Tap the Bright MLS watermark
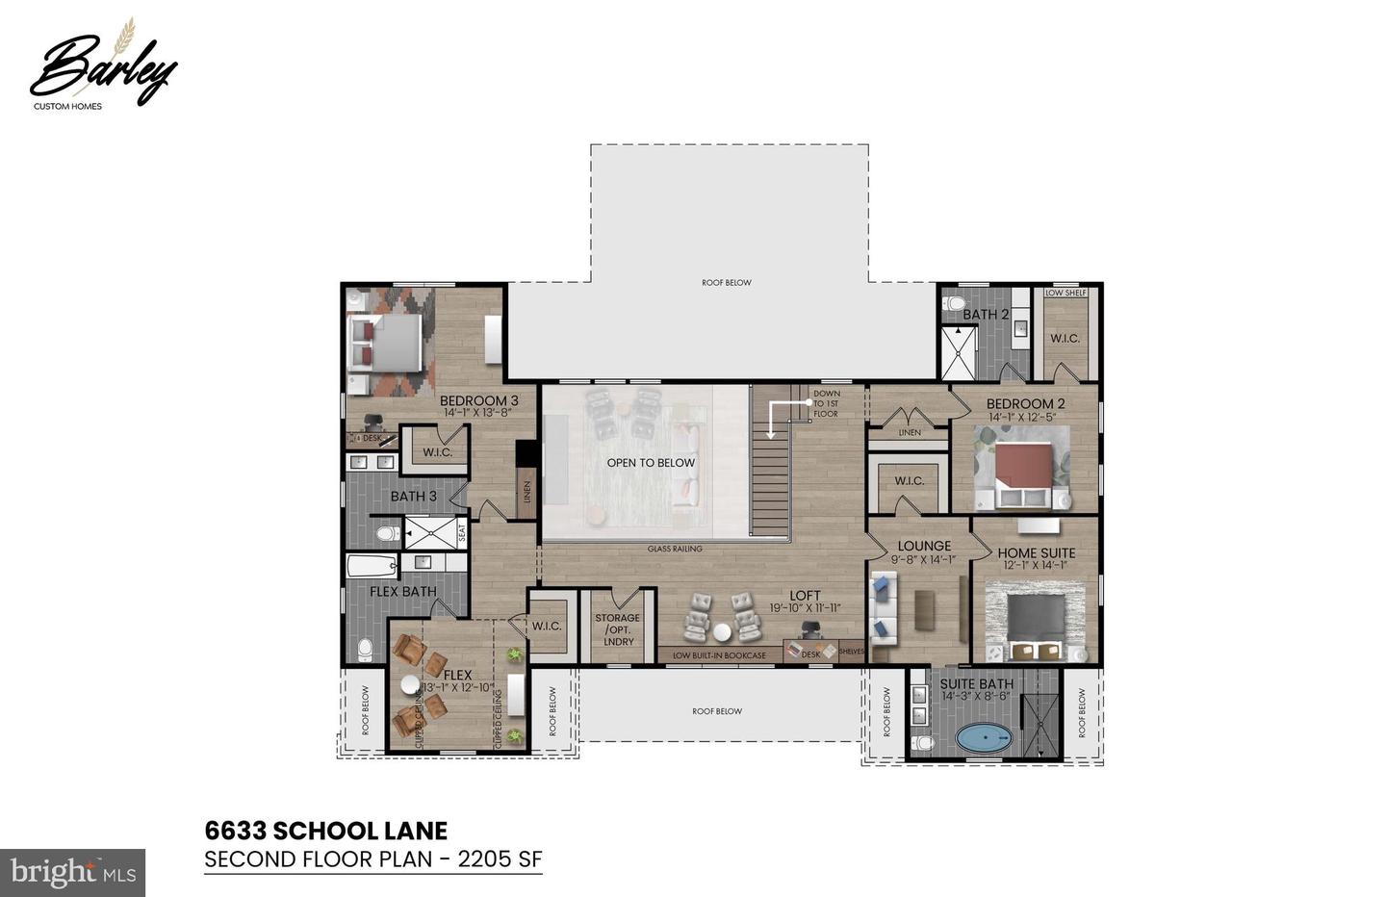[x=72, y=872]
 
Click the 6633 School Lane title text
[x=325, y=831]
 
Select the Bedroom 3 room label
[x=478, y=400]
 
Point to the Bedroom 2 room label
[x=1025, y=403]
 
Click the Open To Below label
[x=651, y=463]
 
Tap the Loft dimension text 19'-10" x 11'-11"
[x=805, y=608]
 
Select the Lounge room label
[x=924, y=546]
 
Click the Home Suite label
[x=1036, y=552]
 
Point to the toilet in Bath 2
[x=953, y=303]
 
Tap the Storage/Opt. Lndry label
[x=617, y=629]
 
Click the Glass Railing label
[x=674, y=549]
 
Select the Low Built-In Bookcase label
[x=719, y=656]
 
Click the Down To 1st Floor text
[x=826, y=403]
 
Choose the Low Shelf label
[x=1065, y=293]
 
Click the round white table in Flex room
[x=410, y=684]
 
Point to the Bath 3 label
[x=413, y=496]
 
